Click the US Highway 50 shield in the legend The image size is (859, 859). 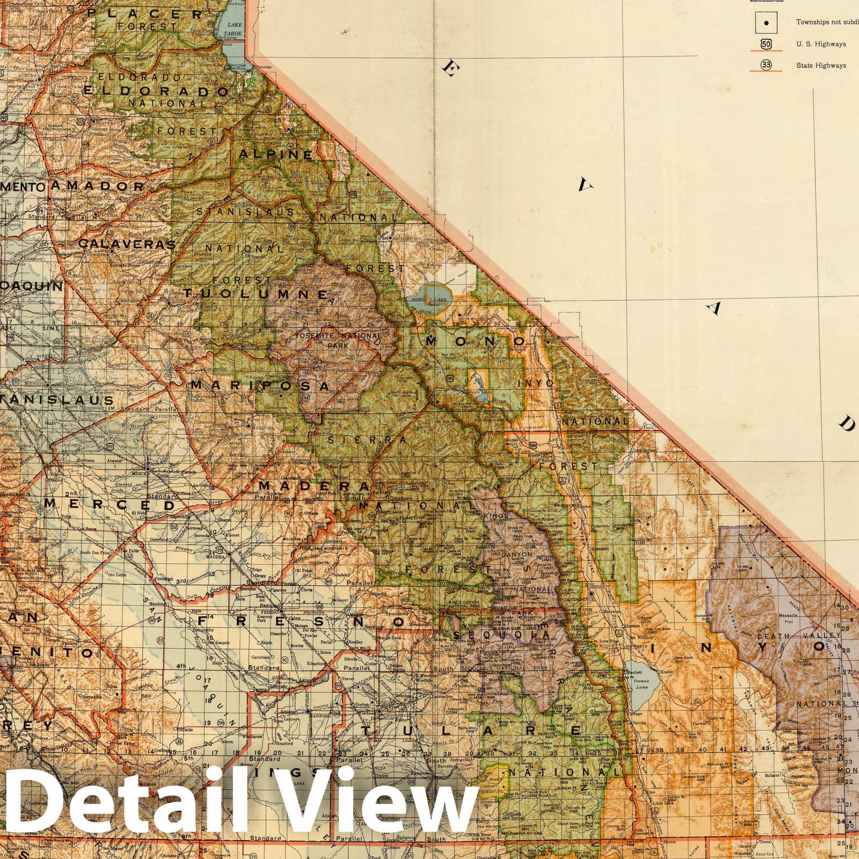(766, 44)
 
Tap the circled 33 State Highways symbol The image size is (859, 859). (766, 65)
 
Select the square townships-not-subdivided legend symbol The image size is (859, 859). (766, 23)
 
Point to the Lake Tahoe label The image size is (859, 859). (235, 28)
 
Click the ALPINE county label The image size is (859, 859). (275, 155)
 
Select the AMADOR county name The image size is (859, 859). (98, 186)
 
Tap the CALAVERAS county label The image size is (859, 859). (127, 244)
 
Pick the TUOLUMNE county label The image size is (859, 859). (256, 294)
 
